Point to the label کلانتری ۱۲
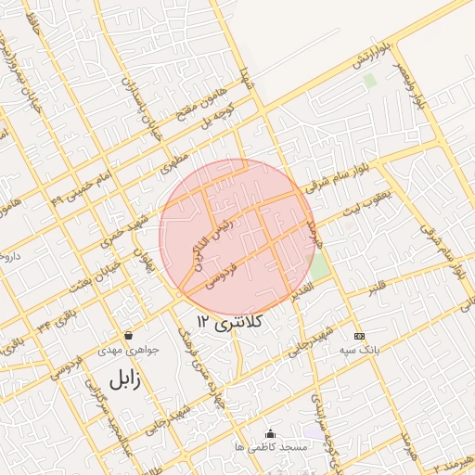pyautogui.click(x=231, y=321)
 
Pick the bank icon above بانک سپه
pyautogui.click(x=360, y=335)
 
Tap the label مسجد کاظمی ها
pyautogui.click(x=271, y=447)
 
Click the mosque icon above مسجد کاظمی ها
pyautogui.click(x=271, y=432)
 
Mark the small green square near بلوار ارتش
pyautogui.click(x=370, y=81)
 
